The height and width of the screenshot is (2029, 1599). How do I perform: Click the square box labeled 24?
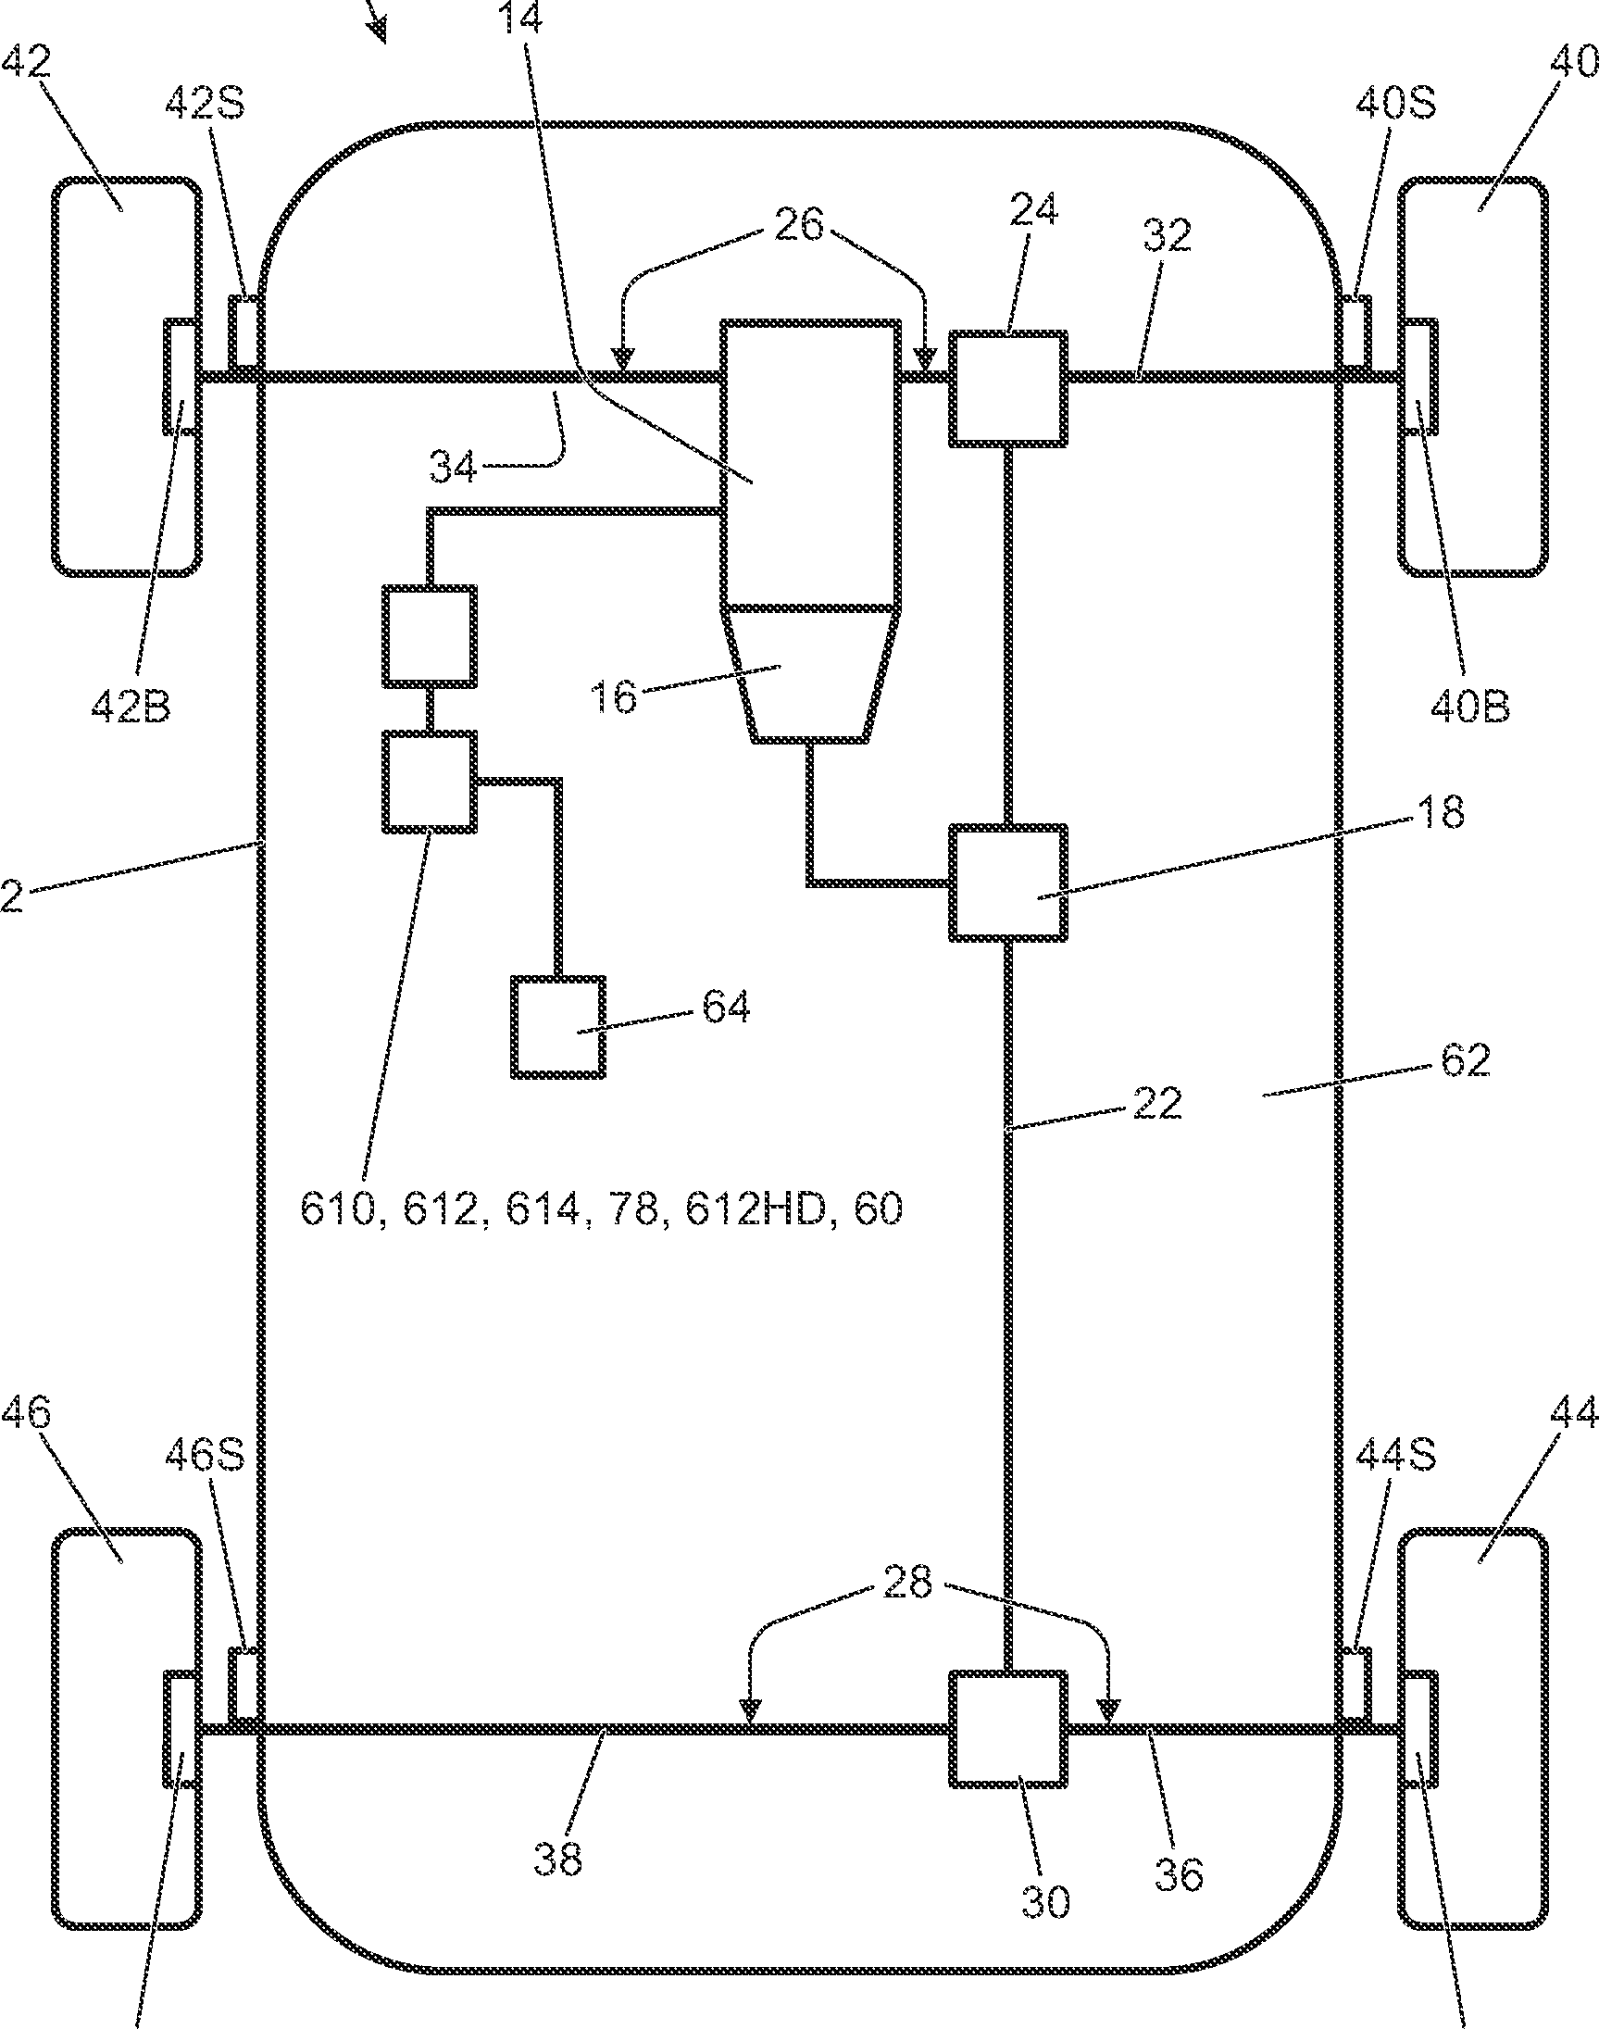[x=1008, y=388]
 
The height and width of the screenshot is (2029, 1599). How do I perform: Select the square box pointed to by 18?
[x=1008, y=882]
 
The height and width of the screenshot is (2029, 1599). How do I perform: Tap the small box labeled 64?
[x=558, y=1026]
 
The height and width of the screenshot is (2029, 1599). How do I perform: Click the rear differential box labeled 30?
[x=1008, y=1729]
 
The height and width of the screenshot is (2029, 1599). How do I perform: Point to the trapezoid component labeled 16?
[x=811, y=673]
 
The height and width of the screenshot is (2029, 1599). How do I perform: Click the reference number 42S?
[x=205, y=103]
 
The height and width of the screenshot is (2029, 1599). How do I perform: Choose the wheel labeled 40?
[x=1471, y=376]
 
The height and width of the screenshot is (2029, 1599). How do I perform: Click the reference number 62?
[x=1465, y=1059]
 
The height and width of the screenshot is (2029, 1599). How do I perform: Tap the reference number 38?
[x=558, y=1859]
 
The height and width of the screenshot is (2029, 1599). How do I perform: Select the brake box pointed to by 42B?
[x=181, y=376]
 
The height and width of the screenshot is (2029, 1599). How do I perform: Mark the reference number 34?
[x=453, y=466]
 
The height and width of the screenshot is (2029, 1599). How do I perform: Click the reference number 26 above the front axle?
[x=798, y=225]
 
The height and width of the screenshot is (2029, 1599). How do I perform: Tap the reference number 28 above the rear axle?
[x=907, y=1583]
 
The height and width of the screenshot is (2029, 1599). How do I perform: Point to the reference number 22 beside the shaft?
[x=1157, y=1103]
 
